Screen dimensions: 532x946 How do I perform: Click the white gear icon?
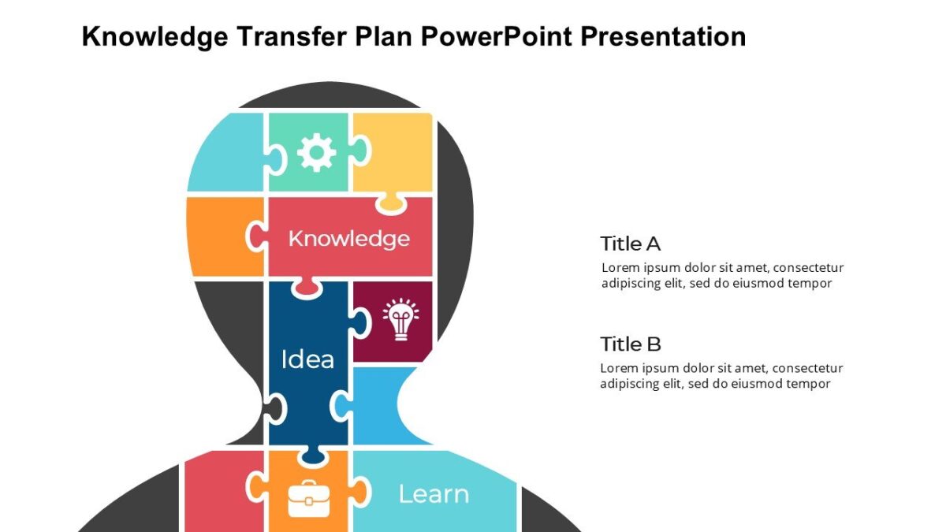tap(316, 152)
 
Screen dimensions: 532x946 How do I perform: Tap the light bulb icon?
tap(400, 319)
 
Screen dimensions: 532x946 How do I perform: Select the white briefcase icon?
tap(308, 497)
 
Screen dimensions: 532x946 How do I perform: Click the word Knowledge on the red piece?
tap(348, 238)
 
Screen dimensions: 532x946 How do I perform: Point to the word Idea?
tap(307, 359)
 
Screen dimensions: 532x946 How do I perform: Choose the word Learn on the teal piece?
tap(434, 494)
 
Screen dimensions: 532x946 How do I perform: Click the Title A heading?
tap(630, 244)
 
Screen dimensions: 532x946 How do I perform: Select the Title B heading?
tap(630, 344)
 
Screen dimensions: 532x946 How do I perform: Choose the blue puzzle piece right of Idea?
tap(377, 410)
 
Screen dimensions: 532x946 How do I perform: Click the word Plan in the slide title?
tap(393, 36)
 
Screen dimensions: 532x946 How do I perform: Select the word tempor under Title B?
tap(809, 384)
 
